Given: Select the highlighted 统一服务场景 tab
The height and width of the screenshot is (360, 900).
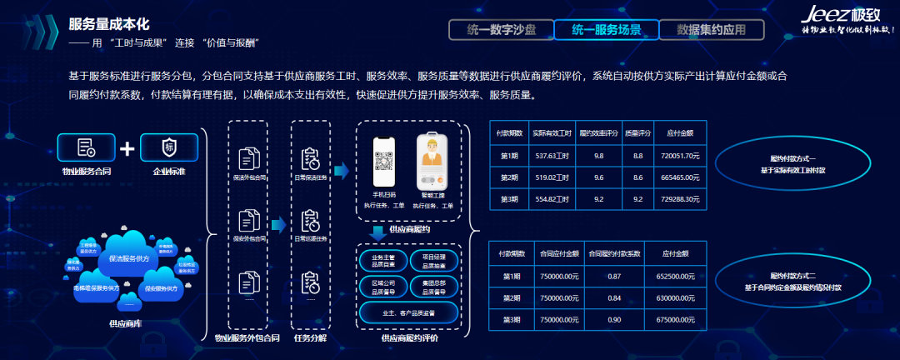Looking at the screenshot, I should coord(606,29).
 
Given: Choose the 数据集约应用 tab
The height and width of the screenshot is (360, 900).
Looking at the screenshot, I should coord(711,29).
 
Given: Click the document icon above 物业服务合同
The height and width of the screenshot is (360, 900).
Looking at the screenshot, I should coord(87,147).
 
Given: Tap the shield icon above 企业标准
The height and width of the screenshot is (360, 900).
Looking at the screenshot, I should coord(169,147).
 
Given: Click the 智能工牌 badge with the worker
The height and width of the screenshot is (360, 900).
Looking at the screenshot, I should coord(432,163).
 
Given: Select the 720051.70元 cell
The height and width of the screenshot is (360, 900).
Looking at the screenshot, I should coord(680,155).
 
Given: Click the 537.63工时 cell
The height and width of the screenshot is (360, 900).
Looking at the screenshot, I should coord(551,155).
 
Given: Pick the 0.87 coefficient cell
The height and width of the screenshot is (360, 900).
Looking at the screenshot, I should coord(614,276).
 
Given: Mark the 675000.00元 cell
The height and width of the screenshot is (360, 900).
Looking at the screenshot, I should coord(671,318).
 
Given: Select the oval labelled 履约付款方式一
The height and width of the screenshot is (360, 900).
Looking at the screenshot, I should coord(792,162).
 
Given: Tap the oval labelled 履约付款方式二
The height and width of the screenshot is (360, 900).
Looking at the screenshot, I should coord(792,281).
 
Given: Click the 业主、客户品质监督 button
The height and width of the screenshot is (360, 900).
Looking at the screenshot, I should coord(408,313).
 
